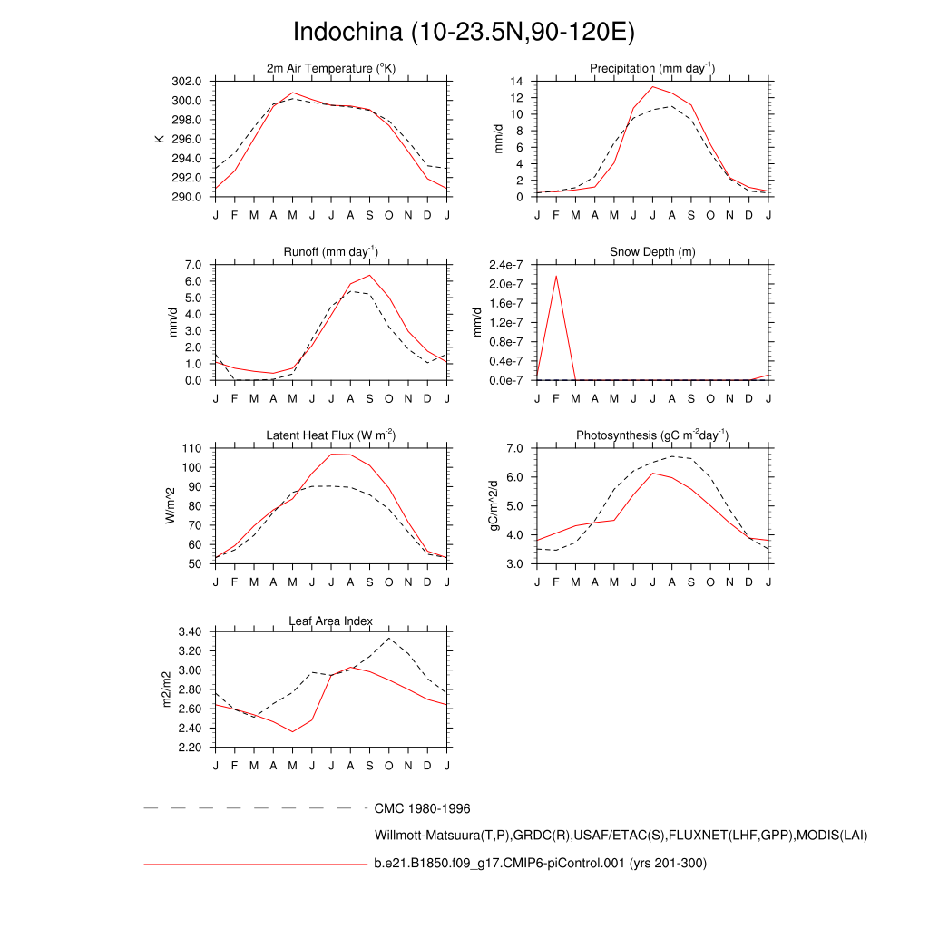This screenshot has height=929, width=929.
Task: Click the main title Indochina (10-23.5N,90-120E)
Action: pos(464,33)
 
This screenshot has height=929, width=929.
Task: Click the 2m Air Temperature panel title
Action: pos(331,69)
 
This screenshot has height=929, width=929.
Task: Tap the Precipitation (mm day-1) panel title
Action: pos(652,69)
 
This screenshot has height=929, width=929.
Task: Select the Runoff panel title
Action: pos(331,252)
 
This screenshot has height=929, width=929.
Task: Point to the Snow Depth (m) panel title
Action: pos(652,252)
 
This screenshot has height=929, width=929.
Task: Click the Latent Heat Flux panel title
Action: pos(331,435)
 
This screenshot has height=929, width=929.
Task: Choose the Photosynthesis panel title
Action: pos(652,435)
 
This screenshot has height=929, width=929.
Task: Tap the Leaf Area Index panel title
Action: pos(331,621)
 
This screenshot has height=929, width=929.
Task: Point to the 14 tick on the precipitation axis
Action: pos(516,81)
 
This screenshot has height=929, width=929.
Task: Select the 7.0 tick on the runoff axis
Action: pos(192,264)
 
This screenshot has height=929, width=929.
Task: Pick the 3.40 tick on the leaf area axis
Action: pos(190,632)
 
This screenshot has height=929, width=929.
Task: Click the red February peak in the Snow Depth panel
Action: pos(556,276)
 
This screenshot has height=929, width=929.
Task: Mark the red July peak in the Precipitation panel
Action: pos(652,87)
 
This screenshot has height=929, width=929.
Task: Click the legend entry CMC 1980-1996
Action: pos(422,808)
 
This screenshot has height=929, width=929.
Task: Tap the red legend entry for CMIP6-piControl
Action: pos(540,864)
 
